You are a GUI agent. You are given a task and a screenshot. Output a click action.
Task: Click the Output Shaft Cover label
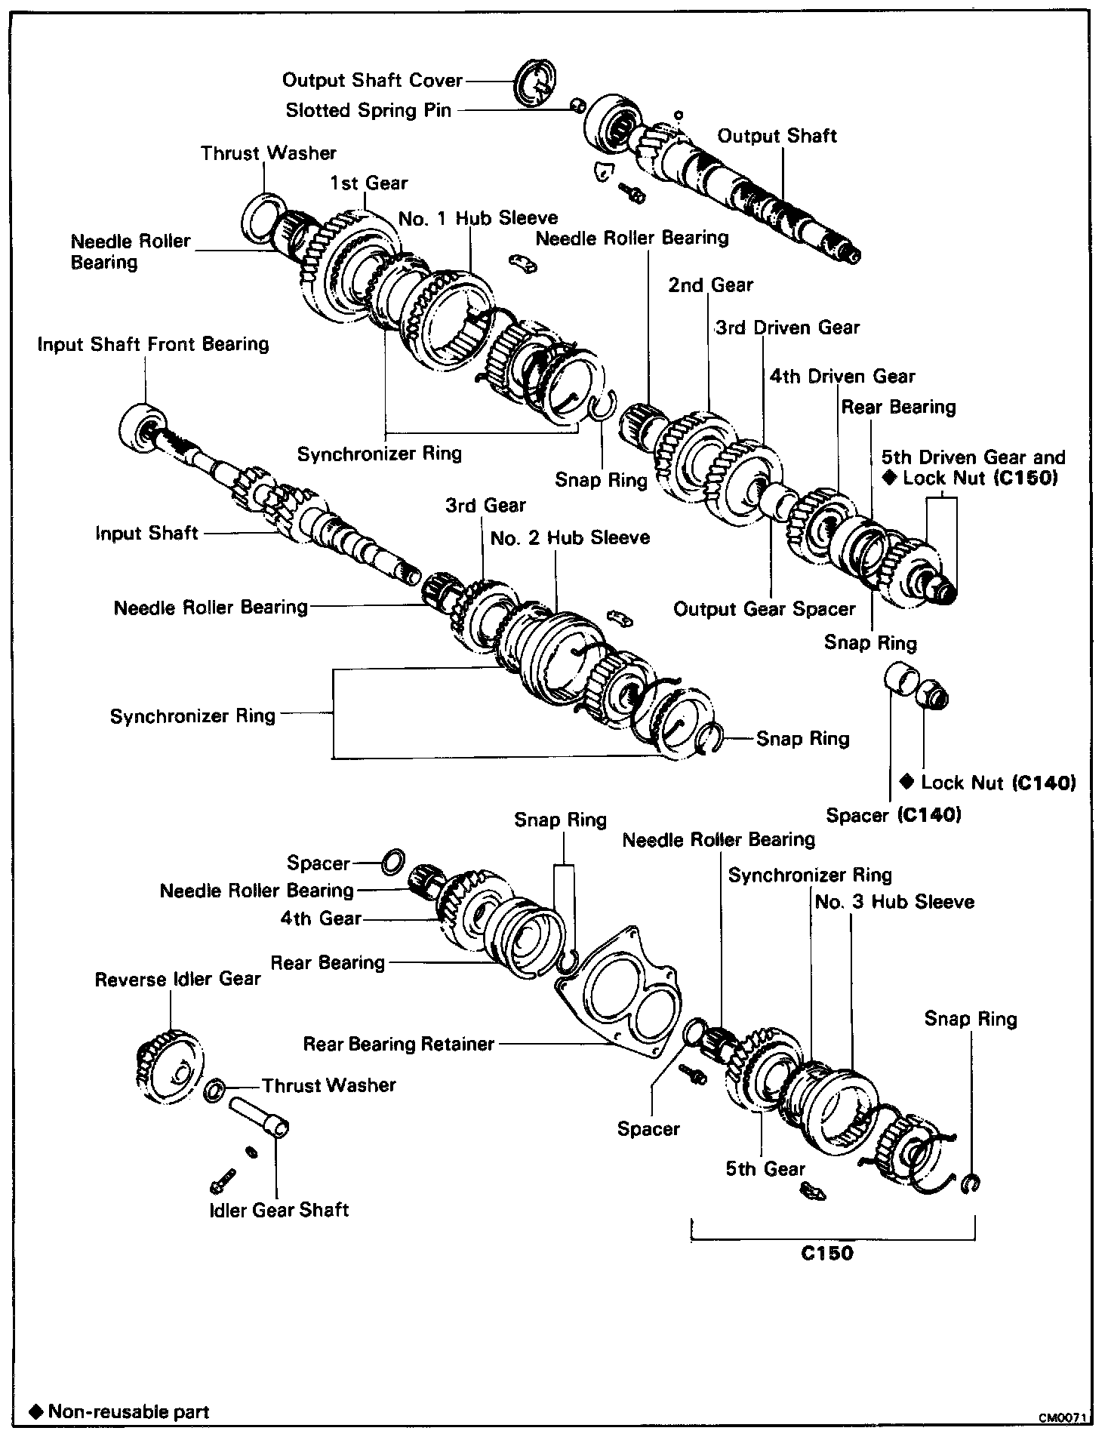pos(372,80)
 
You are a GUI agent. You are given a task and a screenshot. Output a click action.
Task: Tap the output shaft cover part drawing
pos(535,82)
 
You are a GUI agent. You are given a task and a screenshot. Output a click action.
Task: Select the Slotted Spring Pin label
pos(368,111)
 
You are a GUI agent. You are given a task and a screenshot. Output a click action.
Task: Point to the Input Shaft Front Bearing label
pos(153,345)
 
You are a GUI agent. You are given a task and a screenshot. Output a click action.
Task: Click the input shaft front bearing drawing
pos(141,427)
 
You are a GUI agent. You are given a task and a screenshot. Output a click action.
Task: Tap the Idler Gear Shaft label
pos(279,1211)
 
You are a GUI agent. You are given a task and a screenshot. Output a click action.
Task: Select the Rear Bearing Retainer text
pos(399,1045)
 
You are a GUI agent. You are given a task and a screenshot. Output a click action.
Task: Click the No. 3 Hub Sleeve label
pos(894,903)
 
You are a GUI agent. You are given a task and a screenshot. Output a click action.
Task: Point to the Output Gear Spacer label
pos(764,609)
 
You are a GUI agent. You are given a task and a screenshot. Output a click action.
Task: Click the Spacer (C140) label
pos(894,815)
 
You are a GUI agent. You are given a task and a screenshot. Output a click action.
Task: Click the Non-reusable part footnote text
pos(127,1412)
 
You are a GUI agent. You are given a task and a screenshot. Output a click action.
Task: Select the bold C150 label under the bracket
pos(827,1253)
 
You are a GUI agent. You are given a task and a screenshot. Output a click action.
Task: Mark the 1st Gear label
pos(368,183)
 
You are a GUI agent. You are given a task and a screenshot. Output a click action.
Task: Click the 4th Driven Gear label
pos(842,377)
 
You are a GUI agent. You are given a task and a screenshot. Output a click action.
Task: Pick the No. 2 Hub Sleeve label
pos(570,538)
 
